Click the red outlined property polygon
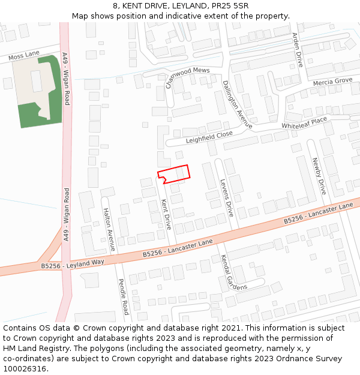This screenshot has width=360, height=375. pyautogui.click(x=175, y=173)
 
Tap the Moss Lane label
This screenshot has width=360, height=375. pyautogui.click(x=24, y=56)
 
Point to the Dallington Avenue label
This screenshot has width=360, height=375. pyautogui.click(x=238, y=104)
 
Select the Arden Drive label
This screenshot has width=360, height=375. pyautogui.click(x=296, y=49)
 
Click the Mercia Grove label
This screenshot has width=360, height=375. pyautogui.click(x=332, y=81)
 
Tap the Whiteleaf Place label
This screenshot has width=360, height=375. pyautogui.click(x=304, y=123)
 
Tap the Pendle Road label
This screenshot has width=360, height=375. pyautogui.click(x=123, y=296)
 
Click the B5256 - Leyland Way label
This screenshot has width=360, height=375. pyautogui.click(x=73, y=263)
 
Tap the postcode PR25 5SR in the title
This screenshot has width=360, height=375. pyautogui.click(x=226, y=6)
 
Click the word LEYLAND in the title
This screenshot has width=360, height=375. pyautogui.click(x=182, y=6)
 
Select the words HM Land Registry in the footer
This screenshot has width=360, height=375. pyautogui.click(x=30, y=349)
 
